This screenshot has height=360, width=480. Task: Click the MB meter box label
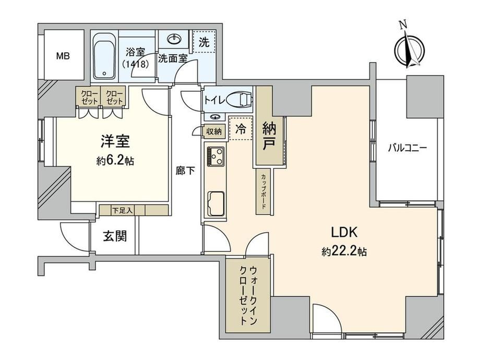63,56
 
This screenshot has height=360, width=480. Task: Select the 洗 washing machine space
204,42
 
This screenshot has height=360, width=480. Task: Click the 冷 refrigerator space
241,128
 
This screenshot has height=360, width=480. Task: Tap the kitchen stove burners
215,157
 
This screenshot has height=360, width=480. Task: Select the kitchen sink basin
216,203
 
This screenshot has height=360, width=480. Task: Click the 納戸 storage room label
269,136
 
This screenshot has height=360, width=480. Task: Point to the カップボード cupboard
264,191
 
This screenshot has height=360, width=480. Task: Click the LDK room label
344,233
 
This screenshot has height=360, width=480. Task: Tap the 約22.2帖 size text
344,251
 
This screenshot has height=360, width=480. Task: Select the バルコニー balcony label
407,148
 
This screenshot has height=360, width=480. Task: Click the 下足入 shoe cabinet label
122,210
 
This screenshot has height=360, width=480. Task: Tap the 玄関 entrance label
115,236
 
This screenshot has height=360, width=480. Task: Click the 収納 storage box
214,131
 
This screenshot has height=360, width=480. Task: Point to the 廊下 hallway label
185,171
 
